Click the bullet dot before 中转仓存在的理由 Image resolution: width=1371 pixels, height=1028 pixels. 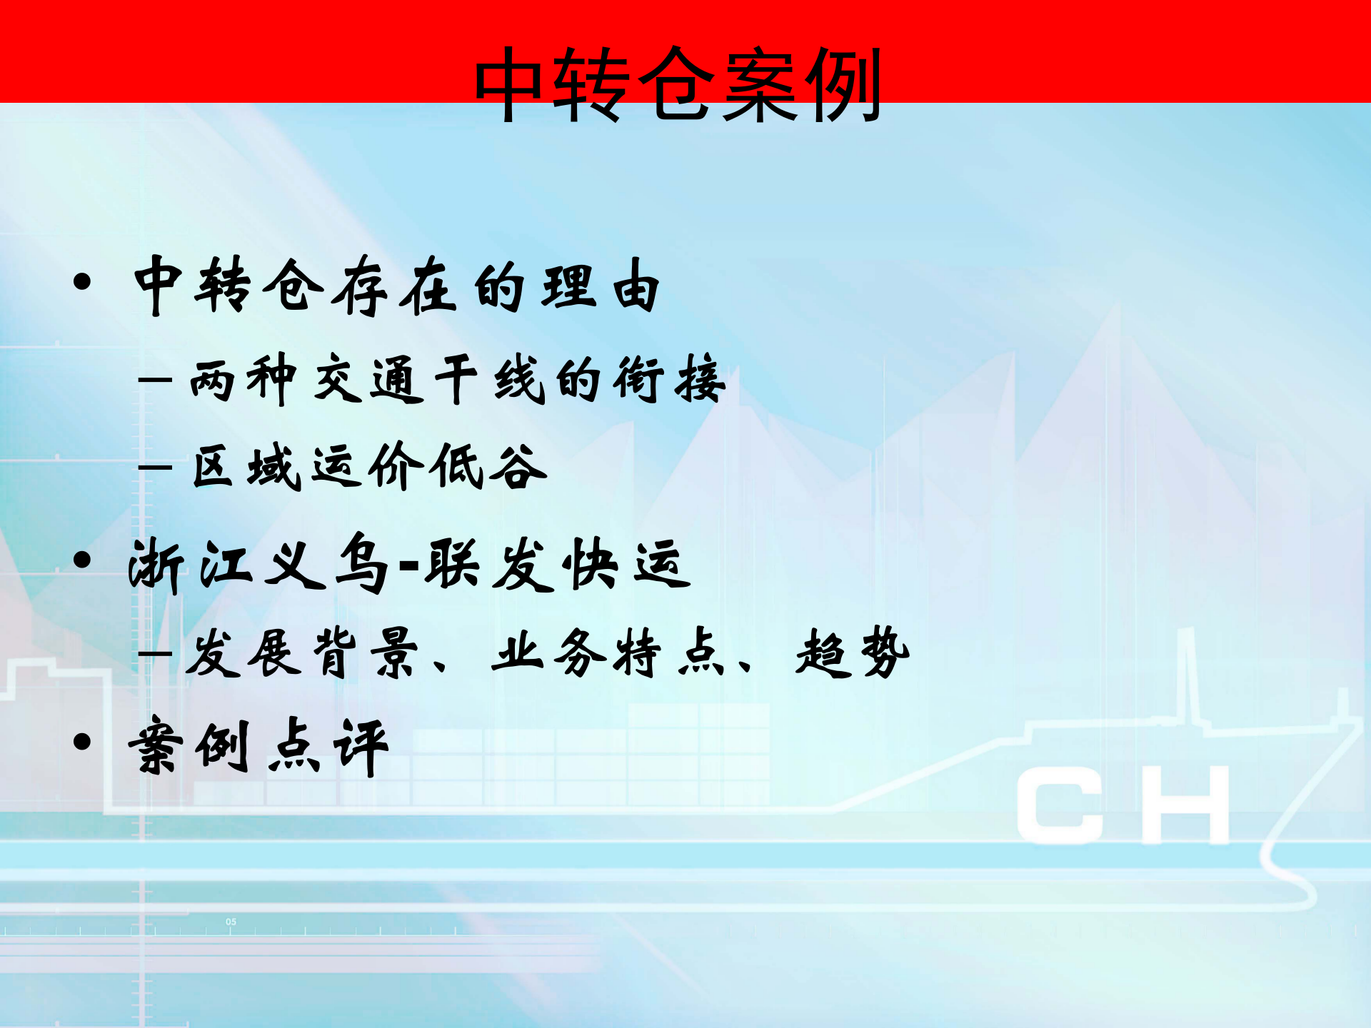(82, 281)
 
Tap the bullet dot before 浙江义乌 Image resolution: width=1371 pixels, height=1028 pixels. (82, 560)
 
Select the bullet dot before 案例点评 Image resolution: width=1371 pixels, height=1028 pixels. (82, 742)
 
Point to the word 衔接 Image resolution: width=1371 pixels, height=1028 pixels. (669, 379)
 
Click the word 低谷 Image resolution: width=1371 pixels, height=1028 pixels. (489, 467)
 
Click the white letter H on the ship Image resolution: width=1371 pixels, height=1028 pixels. (1185, 805)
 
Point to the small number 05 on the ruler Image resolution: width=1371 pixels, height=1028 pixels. (231, 922)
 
